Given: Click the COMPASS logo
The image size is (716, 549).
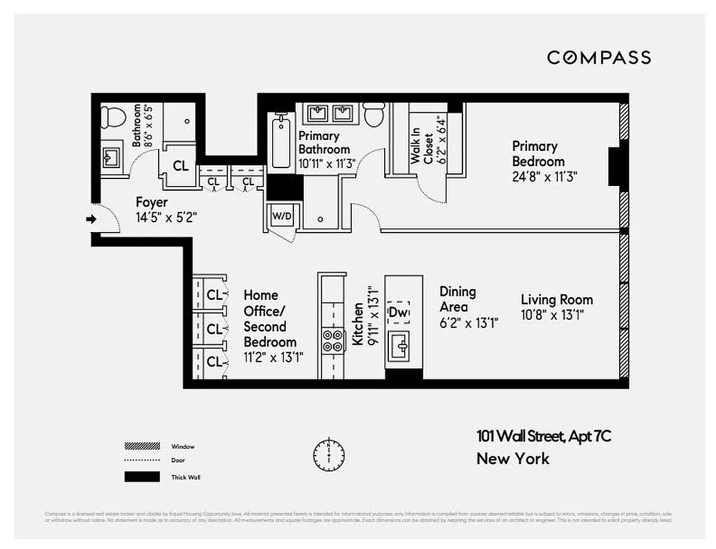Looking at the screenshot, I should coord(598,58).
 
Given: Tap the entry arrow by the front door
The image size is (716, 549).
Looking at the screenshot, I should coord(90,220).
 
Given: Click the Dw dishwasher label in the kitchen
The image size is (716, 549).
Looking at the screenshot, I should coord(398,312).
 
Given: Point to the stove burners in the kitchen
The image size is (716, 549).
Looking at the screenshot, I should coord(333,340).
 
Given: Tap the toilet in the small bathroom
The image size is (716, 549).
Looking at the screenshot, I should coord(113,117).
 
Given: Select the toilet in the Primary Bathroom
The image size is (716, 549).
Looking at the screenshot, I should coord(374,115).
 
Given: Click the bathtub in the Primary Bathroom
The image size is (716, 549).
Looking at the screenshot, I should coord(280,143).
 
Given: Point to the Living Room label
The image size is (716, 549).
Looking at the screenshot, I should coord(557,300).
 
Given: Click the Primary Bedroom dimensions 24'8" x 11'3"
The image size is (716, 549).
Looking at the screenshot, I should coord(539,176).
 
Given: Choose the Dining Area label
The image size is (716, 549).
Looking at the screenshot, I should coord(458,299).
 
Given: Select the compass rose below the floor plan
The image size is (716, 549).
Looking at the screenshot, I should coord(329,453).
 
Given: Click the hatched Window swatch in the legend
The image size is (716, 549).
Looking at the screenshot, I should coord(142,446).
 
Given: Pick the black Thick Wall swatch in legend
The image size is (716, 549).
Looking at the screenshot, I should coord(142,476).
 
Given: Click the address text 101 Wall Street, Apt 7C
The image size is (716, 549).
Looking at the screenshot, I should coord(544,436).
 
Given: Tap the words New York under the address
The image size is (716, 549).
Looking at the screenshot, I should coord(513,458).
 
